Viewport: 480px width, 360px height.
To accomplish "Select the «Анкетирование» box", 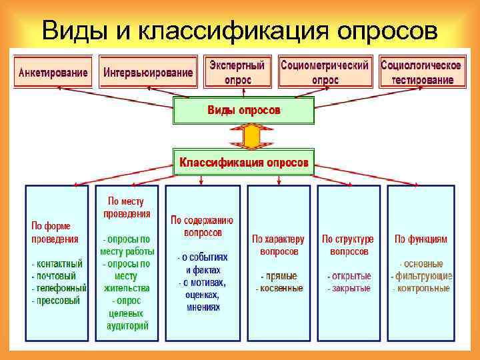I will coord(53,72).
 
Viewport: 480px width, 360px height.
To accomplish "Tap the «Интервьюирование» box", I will coord(148,72).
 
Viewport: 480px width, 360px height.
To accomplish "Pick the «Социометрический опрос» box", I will coord(325,72).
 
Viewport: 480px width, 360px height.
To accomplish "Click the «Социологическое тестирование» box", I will coord(421,72).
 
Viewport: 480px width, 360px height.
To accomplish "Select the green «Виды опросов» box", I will coord(243,110).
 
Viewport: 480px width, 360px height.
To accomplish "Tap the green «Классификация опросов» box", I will coord(243,162).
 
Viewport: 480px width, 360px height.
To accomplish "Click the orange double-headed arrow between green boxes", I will coord(251,136).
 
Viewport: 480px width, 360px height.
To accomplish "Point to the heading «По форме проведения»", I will coord(54,232).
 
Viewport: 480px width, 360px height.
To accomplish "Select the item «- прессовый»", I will coord(55,301).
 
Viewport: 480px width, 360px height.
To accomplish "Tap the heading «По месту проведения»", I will coord(127,207).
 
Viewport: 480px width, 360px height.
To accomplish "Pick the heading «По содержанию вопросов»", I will coord(202,227).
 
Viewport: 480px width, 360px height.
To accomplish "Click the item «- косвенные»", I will coord(279,289).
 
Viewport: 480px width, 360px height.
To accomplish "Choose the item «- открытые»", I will coord(349,276).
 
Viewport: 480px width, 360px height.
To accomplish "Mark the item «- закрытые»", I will coord(349,289).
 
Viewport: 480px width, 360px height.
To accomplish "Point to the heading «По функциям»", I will coord(421,239).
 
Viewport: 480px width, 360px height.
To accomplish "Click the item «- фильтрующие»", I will coord(421,276).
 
